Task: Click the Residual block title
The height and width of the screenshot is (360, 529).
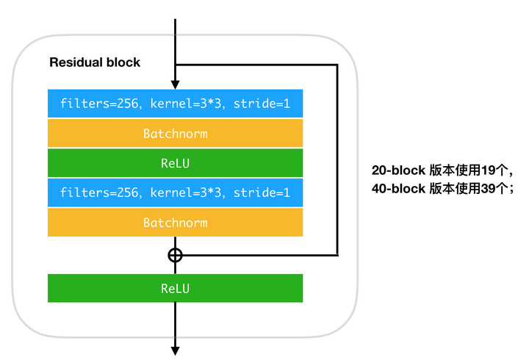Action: tap(95, 62)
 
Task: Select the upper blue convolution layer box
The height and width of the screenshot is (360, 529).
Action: tap(175, 104)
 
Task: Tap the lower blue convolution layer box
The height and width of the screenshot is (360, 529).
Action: tap(175, 192)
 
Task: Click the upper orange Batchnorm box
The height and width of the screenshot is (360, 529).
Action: tap(175, 133)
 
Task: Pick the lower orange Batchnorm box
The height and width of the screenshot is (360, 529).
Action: tap(175, 223)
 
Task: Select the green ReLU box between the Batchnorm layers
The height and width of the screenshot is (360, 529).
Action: tap(175, 163)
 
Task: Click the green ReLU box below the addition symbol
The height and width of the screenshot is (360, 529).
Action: tap(175, 288)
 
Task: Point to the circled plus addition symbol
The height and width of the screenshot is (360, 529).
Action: tap(175, 256)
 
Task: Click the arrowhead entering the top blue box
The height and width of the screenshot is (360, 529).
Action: tap(175, 84)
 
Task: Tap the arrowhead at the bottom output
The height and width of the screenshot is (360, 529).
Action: tap(175, 351)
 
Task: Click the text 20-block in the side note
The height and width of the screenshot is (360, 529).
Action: tap(398, 170)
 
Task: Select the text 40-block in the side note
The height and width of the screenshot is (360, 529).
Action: tap(398, 189)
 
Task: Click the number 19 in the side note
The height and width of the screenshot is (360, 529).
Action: tap(488, 170)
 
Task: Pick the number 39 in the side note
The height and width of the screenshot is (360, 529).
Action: tap(488, 189)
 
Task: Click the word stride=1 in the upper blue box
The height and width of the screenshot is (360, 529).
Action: tap(262, 104)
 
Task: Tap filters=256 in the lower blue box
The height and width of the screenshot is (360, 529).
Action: tap(99, 192)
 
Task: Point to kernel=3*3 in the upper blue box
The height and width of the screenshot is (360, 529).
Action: tap(186, 104)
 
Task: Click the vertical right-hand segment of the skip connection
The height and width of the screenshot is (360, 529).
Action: tap(337, 160)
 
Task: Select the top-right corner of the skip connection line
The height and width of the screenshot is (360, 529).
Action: tap(337, 65)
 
